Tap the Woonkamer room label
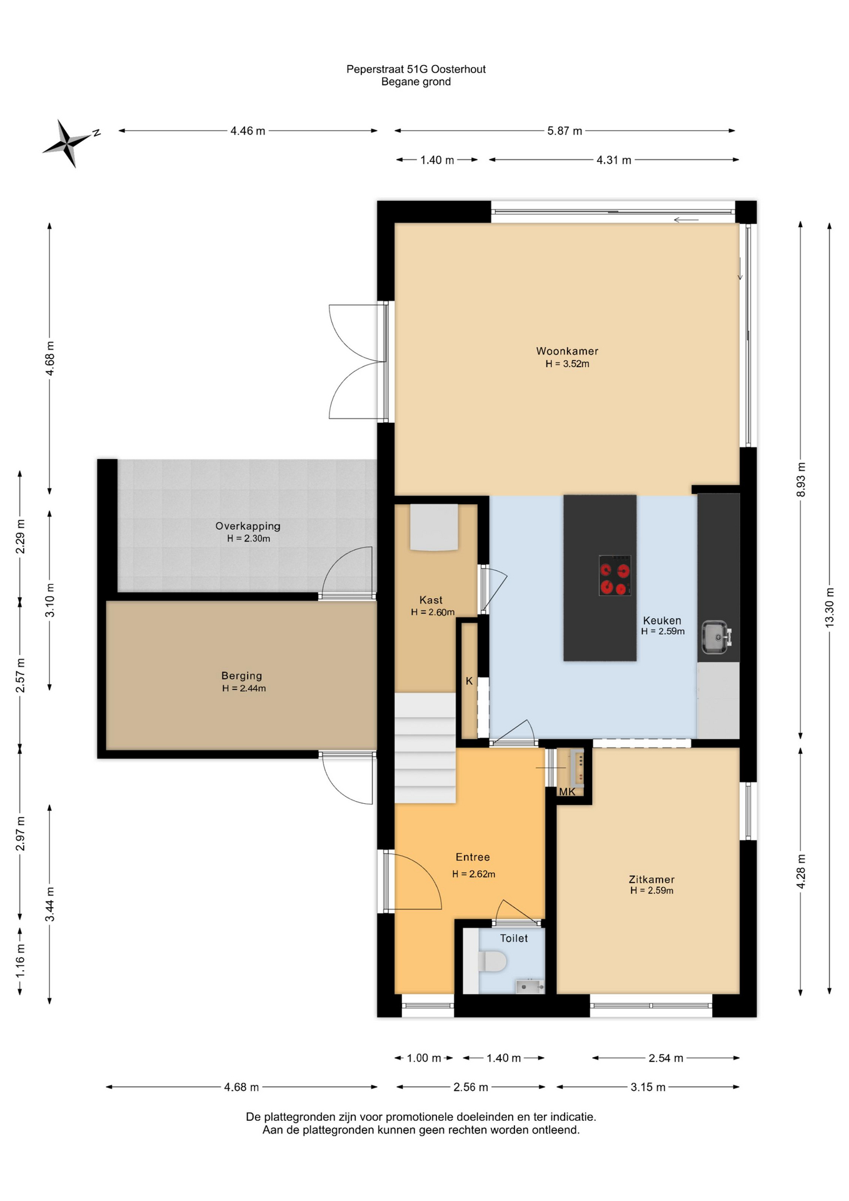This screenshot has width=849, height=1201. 567,352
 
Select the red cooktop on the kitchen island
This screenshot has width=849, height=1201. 615,575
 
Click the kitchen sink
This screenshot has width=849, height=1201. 715,637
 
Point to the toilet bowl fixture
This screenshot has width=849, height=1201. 492,961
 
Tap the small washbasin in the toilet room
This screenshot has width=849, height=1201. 529,986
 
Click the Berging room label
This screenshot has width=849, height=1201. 242,676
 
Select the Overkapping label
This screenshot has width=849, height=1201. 248,526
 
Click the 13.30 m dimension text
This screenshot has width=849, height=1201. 830,607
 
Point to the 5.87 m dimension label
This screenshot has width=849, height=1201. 565,131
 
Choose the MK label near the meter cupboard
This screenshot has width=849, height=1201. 567,792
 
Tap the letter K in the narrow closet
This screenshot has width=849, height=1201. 469,681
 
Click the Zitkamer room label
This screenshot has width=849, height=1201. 652,879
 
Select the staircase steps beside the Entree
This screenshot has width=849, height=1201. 424,747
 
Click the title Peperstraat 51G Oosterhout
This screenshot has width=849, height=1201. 416,69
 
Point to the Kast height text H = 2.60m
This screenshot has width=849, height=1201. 433,612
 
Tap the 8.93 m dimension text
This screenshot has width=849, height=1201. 801,480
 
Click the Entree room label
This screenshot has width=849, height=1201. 473,857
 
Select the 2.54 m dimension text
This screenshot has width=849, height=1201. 666,1058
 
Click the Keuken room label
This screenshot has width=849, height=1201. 662,621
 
